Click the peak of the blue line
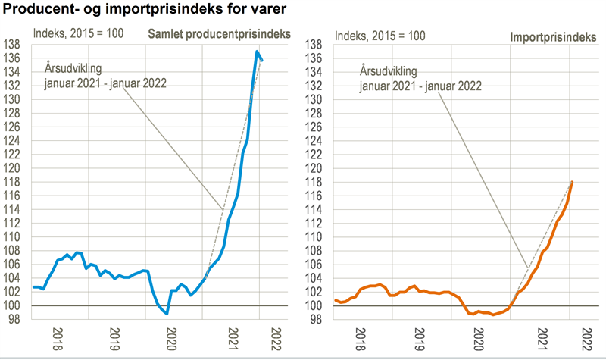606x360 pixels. (x=257, y=52)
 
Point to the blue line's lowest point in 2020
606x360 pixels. (x=167, y=313)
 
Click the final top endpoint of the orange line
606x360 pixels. (x=571, y=182)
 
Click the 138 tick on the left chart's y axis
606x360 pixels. (x=14, y=45)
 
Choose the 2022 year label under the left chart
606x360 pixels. (x=276, y=336)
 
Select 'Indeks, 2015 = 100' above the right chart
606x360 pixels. (x=380, y=35)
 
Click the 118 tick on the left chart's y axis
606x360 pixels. (x=14, y=182)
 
